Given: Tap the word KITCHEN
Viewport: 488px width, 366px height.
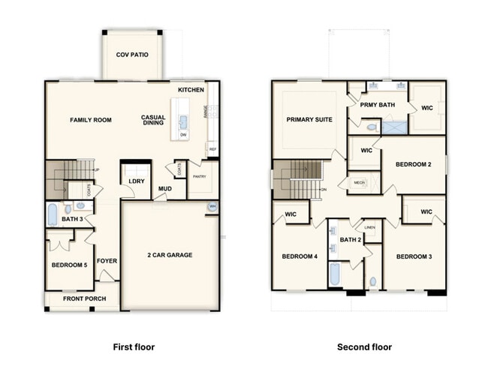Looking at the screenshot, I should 191,90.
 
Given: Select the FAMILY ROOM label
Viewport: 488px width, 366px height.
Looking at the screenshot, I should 91,119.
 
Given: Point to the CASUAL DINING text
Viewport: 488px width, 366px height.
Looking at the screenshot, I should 153,120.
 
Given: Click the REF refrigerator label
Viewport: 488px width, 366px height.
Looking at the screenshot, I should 212,149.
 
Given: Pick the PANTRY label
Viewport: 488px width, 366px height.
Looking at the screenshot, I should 199,176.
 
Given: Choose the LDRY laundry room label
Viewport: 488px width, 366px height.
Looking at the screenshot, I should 136,181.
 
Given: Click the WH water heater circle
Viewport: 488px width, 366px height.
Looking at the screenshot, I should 212,207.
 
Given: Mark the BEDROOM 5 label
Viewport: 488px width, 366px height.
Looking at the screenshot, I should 69,265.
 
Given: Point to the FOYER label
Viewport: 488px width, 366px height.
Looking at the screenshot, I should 107,262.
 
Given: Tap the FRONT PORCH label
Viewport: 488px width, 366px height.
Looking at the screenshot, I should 84,299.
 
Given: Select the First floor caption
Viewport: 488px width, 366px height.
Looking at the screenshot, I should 133,347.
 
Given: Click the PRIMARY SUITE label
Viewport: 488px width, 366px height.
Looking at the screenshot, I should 308,119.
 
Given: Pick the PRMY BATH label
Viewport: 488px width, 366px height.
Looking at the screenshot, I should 377,104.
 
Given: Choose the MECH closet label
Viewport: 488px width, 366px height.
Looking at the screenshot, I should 359,181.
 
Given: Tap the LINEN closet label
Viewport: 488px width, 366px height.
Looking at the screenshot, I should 369,226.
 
